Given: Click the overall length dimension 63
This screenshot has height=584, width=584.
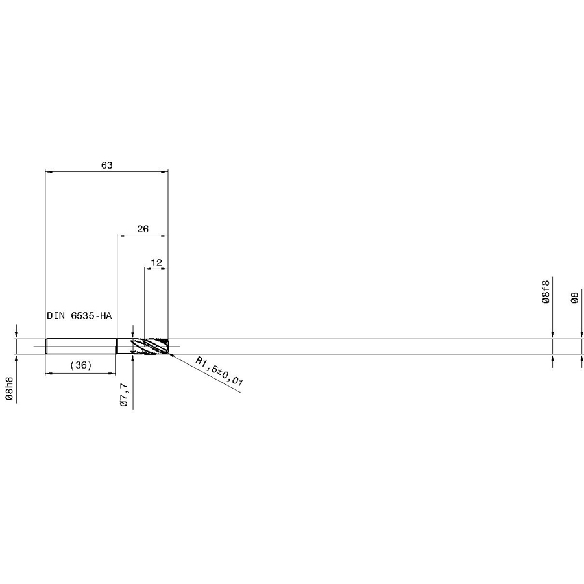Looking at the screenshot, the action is click(x=107, y=165).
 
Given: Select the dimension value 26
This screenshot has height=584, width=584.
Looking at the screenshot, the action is click(x=143, y=229).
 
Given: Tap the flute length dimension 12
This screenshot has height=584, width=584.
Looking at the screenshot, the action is click(x=156, y=263).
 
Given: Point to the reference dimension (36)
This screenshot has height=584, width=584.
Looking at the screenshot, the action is click(x=81, y=365).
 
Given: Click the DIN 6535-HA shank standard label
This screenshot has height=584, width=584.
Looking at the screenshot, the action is click(x=79, y=316).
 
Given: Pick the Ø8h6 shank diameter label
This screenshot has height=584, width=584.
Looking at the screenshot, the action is click(x=9, y=389).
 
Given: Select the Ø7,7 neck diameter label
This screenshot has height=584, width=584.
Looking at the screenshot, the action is click(x=125, y=395).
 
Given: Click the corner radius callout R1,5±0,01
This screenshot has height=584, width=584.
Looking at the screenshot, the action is click(x=219, y=372).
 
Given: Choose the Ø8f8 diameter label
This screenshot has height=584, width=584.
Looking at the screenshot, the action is click(x=545, y=291).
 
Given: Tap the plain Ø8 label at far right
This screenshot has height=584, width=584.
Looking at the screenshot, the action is click(x=575, y=298).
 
